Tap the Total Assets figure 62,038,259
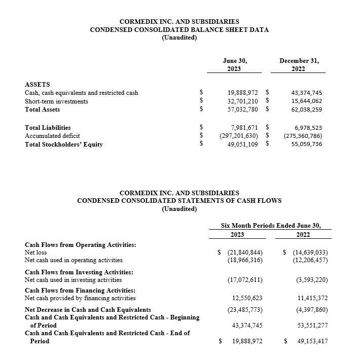pos(306,109)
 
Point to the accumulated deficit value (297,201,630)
pos(241,136)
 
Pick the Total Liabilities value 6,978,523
pos(308,128)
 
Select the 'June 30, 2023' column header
pos(234,64)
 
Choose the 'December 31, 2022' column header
pos(299,64)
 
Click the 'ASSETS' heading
pos(38,84)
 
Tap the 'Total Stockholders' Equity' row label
pos(64,144)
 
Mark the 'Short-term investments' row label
pos(56,101)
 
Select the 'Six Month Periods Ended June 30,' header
pos(270,225)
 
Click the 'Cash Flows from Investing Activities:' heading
pos(79,272)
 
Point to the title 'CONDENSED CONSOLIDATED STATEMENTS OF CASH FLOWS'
pos(179,200)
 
